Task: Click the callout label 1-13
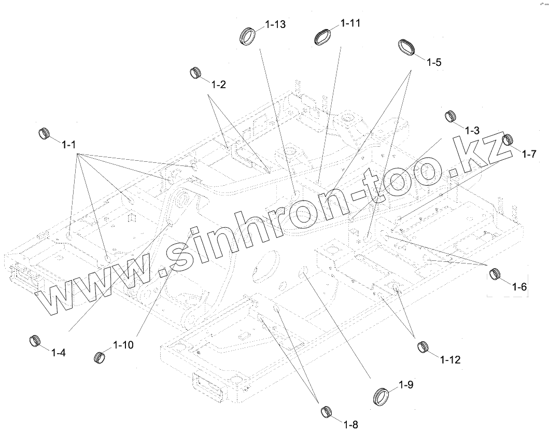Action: pyautogui.click(x=275, y=25)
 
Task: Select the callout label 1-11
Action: pyautogui.click(x=350, y=23)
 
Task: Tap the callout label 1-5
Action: pyautogui.click(x=434, y=62)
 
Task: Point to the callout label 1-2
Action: pyautogui.click(x=218, y=85)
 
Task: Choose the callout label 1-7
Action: pyautogui.click(x=529, y=154)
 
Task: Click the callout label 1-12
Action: pyautogui.click(x=450, y=359)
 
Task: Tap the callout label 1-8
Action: pyautogui.click(x=350, y=425)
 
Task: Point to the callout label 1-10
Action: pyautogui.click(x=123, y=345)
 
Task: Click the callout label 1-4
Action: pyautogui.click(x=58, y=353)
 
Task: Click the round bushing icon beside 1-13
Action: pyautogui.click(x=249, y=37)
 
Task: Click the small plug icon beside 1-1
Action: pyautogui.click(x=46, y=133)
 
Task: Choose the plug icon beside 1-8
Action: pyautogui.click(x=326, y=412)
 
